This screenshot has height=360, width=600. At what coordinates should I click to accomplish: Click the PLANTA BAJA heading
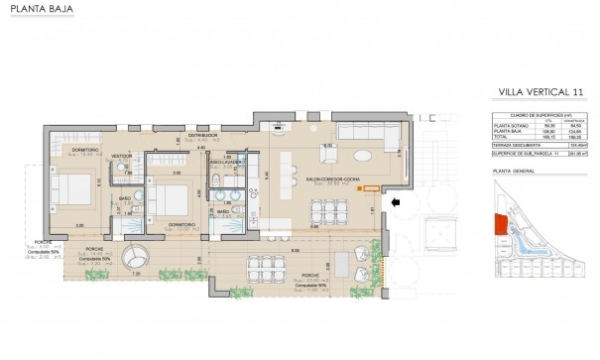33,11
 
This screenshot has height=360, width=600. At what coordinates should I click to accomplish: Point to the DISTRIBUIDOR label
203,134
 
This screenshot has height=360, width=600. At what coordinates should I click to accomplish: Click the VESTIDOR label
123,156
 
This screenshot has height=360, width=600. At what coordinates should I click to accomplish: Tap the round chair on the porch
135,257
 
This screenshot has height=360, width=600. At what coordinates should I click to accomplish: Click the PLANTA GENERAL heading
512,171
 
